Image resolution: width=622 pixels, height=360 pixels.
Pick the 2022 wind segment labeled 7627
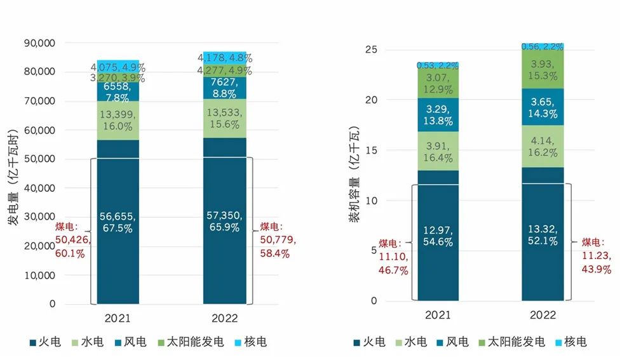point(224,86)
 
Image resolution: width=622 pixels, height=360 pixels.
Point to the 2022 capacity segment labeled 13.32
point(543,235)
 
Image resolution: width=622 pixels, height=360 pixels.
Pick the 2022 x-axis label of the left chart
point(224,317)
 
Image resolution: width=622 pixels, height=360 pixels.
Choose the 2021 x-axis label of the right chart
point(437,315)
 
